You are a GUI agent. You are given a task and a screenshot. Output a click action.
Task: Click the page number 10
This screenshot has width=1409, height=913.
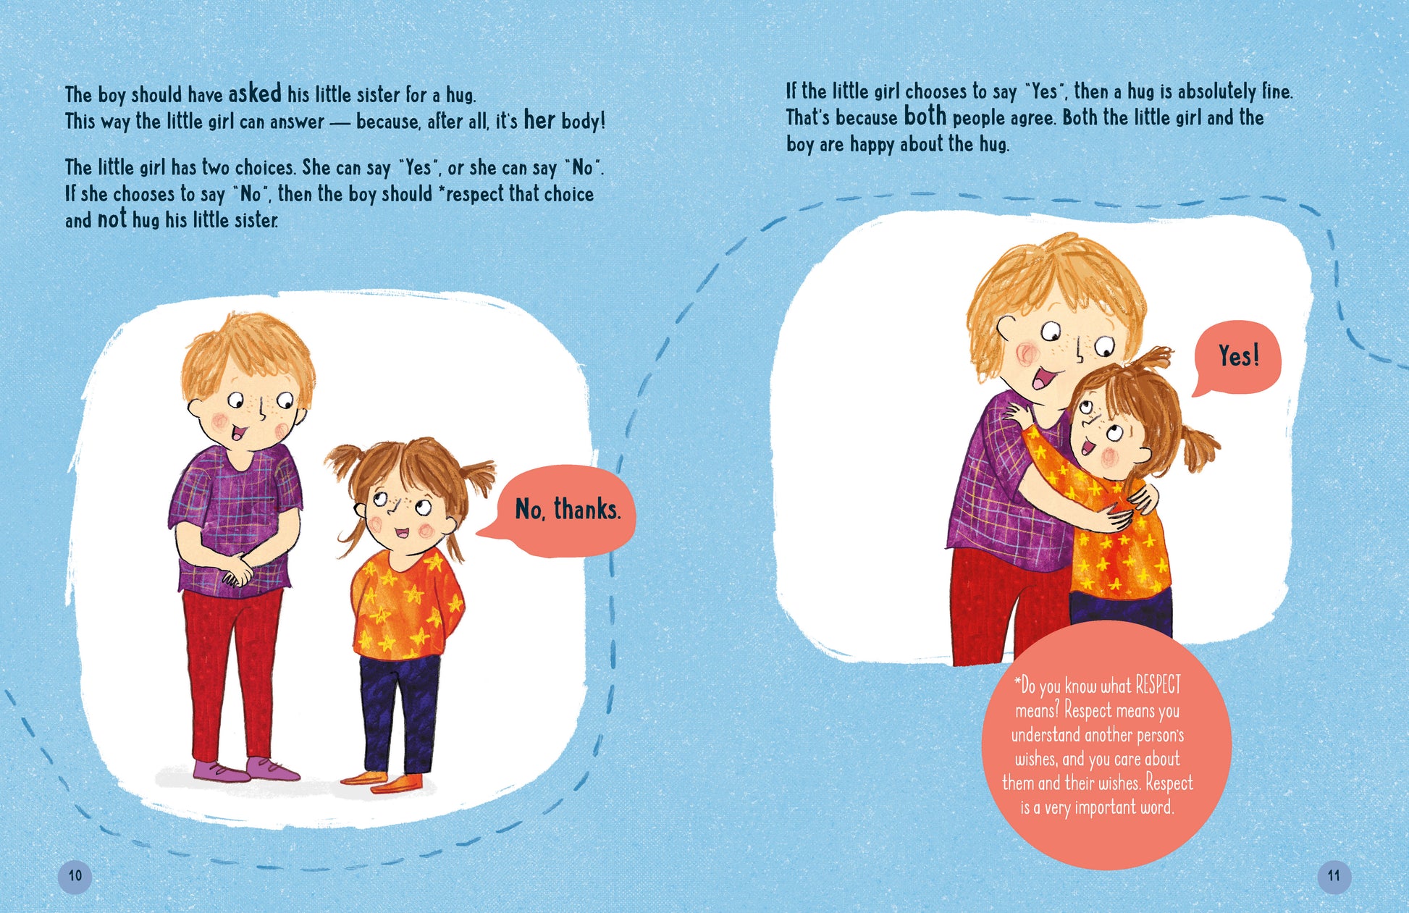(x=75, y=876)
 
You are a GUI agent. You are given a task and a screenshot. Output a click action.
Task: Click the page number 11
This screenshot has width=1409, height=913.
(x=1334, y=876)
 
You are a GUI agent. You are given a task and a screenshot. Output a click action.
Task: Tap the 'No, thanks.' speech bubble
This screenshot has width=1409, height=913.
(x=566, y=510)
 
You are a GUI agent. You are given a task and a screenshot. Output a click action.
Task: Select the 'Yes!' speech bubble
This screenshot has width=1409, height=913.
(x=1238, y=356)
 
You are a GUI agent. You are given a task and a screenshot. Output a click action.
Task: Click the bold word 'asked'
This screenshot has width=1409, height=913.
(x=255, y=93)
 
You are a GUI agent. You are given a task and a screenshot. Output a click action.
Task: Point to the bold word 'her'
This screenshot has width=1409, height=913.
(x=539, y=119)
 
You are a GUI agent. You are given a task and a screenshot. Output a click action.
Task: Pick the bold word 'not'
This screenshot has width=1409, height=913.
(x=112, y=219)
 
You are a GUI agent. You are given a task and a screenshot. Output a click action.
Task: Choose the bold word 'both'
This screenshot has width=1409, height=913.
(x=925, y=117)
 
